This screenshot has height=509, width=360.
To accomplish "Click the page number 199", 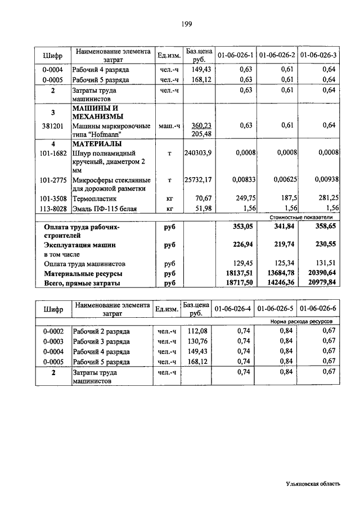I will [x=187, y=23].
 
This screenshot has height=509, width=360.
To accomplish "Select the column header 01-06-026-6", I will [x=318, y=309].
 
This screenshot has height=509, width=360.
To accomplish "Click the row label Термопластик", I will [x=94, y=199].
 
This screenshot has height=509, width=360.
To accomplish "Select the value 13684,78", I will [x=280, y=273].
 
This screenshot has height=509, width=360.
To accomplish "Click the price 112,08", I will [x=198, y=331].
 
